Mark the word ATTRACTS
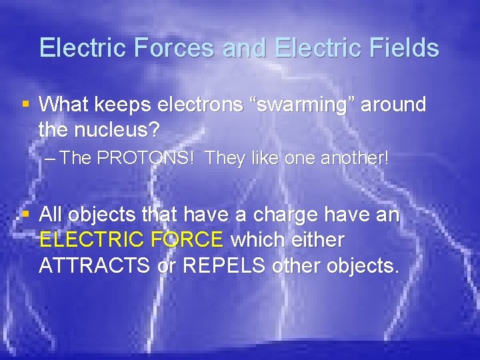point(93,265)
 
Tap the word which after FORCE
point(257,240)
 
